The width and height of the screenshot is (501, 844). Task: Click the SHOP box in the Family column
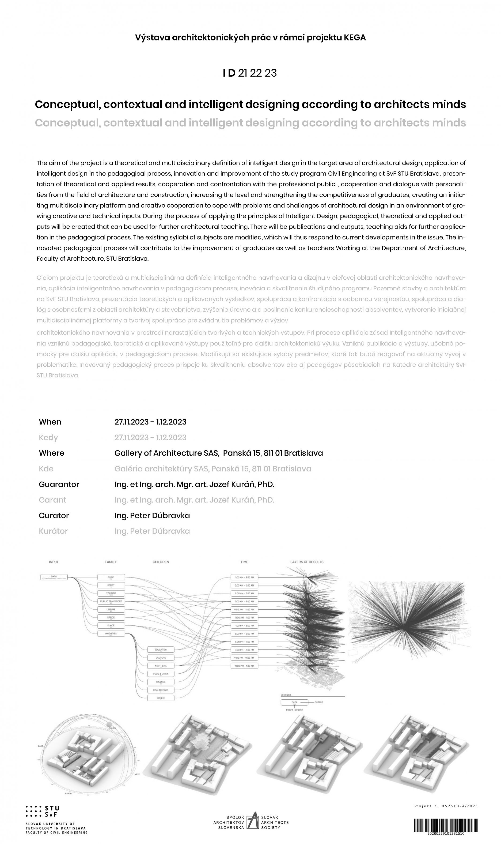(111, 577)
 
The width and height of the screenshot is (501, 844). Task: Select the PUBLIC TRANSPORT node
(111, 601)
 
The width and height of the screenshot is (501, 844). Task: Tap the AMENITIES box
(111, 633)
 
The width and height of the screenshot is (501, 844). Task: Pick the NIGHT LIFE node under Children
(161, 666)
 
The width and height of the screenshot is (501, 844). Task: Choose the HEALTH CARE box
(161, 690)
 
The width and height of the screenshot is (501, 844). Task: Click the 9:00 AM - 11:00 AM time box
(244, 610)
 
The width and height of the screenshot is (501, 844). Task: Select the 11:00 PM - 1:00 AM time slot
(244, 666)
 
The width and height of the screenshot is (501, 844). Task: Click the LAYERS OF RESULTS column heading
(306, 562)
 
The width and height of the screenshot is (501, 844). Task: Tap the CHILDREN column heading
(161, 562)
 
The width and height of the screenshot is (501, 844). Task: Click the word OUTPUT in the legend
(319, 702)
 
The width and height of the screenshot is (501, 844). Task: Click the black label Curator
(54, 516)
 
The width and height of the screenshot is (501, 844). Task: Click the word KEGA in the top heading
(355, 37)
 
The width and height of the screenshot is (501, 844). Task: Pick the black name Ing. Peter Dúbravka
(152, 516)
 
